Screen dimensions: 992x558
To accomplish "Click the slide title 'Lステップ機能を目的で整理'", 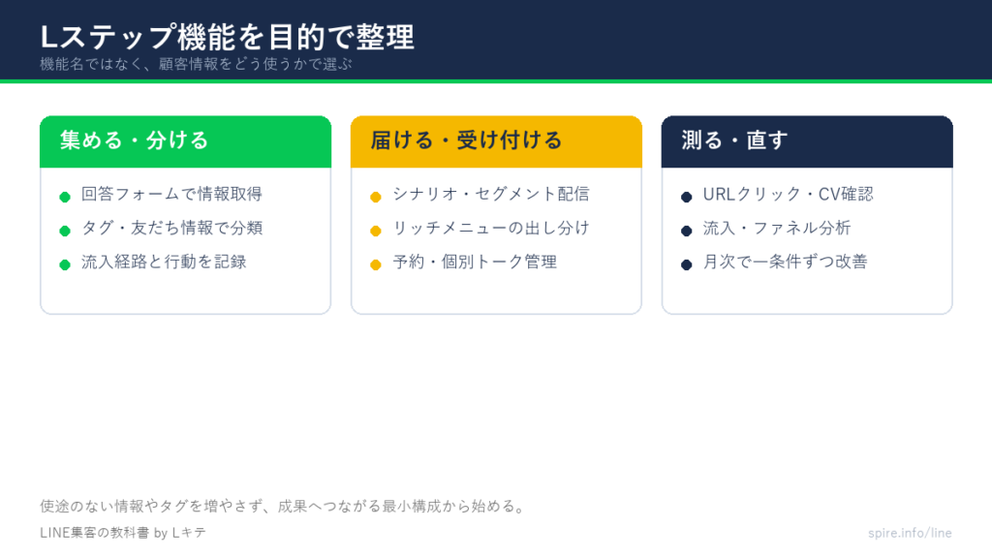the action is [227, 37].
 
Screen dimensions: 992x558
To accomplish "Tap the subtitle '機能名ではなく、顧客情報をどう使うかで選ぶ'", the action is [196, 64].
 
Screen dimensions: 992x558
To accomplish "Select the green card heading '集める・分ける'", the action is [134, 139].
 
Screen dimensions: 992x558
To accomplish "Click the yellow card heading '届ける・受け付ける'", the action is [466, 139].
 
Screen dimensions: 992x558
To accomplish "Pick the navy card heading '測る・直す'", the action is [734, 139].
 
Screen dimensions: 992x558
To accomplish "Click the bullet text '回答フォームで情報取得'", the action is [171, 194].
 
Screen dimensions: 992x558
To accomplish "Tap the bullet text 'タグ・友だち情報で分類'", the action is [171, 228].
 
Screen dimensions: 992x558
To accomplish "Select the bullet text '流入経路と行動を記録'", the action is [164, 262].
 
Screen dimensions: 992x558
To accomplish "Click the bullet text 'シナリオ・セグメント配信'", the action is [491, 194].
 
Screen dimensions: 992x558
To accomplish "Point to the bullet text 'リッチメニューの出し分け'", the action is [491, 228].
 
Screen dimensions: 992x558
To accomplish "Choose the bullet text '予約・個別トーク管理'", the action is [475, 262].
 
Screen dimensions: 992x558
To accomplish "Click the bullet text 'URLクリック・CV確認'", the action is [789, 194].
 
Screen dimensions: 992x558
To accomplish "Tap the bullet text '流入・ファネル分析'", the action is [777, 228].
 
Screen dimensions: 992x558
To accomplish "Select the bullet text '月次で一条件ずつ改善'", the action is [785, 262].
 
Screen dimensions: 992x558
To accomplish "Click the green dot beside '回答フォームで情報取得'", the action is [65, 198].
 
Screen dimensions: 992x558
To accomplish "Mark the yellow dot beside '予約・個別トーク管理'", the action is [376, 265].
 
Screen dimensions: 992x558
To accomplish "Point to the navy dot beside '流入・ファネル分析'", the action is [687, 231].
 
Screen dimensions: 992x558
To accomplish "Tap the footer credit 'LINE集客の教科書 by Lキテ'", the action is [123, 533].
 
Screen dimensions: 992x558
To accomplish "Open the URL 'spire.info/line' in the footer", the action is [910, 533].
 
